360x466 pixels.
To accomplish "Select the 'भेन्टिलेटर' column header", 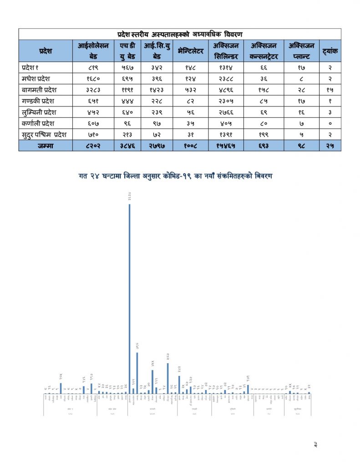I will pyautogui.click(x=191, y=51).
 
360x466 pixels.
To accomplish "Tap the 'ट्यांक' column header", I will pyautogui.click(x=329, y=51).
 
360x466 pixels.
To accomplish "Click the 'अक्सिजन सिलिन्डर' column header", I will pyautogui.click(x=226, y=51).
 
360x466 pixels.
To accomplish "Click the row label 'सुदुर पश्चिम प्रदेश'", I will pyautogui.click(x=45, y=134).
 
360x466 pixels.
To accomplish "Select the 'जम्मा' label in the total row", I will pyautogui.click(x=46, y=145).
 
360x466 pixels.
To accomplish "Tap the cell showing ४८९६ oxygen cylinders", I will pyautogui.click(x=226, y=90).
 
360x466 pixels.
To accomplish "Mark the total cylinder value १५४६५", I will pyautogui.click(x=226, y=145).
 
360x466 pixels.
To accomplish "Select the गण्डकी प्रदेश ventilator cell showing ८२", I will pyautogui.click(x=191, y=101).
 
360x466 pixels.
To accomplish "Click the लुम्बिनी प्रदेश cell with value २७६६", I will pyautogui.click(x=226, y=112).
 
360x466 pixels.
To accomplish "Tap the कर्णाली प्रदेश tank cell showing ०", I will pyautogui.click(x=329, y=123).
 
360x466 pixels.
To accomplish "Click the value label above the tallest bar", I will pyautogui.click(x=130, y=198).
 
